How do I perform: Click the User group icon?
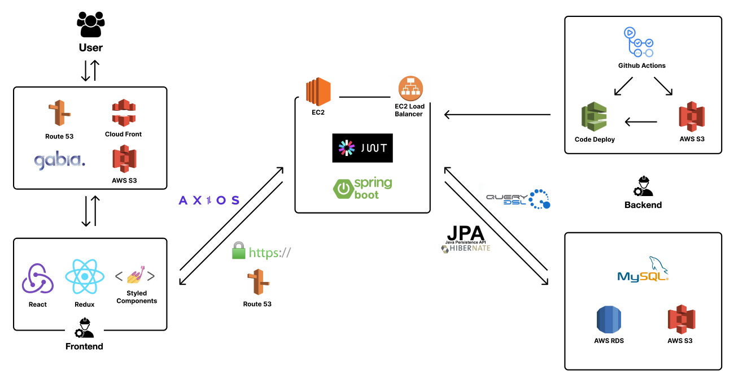90,25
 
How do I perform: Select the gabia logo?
59,160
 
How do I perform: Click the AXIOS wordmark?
209,201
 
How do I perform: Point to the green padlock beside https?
239,250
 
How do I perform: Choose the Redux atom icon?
85,277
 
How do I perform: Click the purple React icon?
38,279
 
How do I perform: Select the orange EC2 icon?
318,92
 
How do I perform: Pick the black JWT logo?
362,148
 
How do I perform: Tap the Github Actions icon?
641,42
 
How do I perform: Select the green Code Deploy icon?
594,118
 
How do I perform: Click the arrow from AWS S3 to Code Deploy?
641,121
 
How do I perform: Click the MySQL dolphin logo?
643,270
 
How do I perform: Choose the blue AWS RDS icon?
609,319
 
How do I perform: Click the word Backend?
643,205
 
